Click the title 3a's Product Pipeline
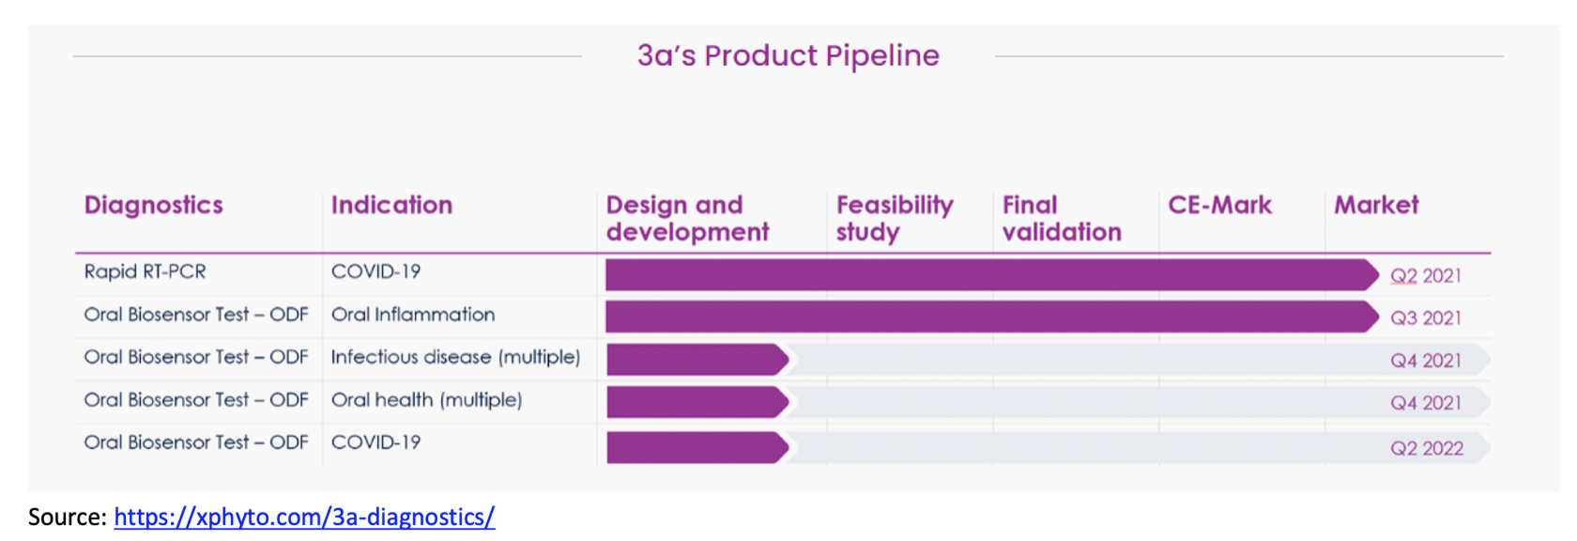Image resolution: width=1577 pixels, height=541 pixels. click(x=788, y=55)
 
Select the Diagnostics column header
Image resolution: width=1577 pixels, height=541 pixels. click(x=154, y=205)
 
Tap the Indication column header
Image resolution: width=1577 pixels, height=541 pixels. click(x=391, y=205)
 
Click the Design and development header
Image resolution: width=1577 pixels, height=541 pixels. click(x=687, y=218)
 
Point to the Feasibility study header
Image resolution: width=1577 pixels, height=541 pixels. click(x=895, y=218)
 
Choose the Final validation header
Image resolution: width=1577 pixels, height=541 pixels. click(x=1062, y=218)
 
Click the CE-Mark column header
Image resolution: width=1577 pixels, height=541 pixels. click(x=1220, y=205)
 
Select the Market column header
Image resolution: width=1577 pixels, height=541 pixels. click(x=1376, y=205)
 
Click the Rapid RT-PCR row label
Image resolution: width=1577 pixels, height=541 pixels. click(x=145, y=271)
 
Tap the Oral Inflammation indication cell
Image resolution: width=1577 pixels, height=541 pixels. click(x=413, y=314)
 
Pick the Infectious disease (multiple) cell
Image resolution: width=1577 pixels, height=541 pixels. click(x=455, y=357)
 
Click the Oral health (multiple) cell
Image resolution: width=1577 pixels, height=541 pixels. click(x=426, y=399)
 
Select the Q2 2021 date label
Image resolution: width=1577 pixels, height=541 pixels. click(x=1426, y=275)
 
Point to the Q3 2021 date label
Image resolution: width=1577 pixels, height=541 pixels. click(x=1426, y=317)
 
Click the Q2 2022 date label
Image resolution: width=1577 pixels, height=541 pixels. click(x=1427, y=448)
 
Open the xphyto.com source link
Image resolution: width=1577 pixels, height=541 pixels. click(x=304, y=517)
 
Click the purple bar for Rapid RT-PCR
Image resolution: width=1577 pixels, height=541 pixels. click(x=992, y=274)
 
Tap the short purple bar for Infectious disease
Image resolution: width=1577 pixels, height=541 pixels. click(x=697, y=360)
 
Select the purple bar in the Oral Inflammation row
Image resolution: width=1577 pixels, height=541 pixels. click(x=992, y=317)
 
